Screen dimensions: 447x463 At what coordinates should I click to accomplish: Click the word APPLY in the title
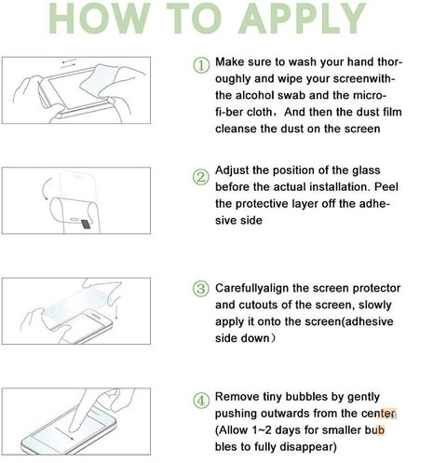303,18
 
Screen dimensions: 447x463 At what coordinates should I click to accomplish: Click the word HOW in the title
100,18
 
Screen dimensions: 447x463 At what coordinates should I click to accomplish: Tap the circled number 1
201,65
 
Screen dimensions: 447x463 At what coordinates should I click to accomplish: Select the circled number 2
201,177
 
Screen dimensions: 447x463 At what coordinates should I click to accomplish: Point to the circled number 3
201,289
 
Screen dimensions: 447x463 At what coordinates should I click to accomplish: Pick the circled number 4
201,401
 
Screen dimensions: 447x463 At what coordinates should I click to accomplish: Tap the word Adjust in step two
232,170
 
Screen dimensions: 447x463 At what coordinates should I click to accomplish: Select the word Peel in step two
386,187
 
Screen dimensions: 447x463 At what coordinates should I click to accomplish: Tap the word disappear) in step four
308,447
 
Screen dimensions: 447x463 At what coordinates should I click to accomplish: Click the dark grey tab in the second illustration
86,225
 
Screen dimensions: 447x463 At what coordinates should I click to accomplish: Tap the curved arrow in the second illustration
47,189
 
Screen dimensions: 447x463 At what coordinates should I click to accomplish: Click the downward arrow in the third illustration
116,311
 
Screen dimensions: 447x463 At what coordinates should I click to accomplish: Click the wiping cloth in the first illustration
99,79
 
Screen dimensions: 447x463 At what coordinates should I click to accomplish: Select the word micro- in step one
370,95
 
